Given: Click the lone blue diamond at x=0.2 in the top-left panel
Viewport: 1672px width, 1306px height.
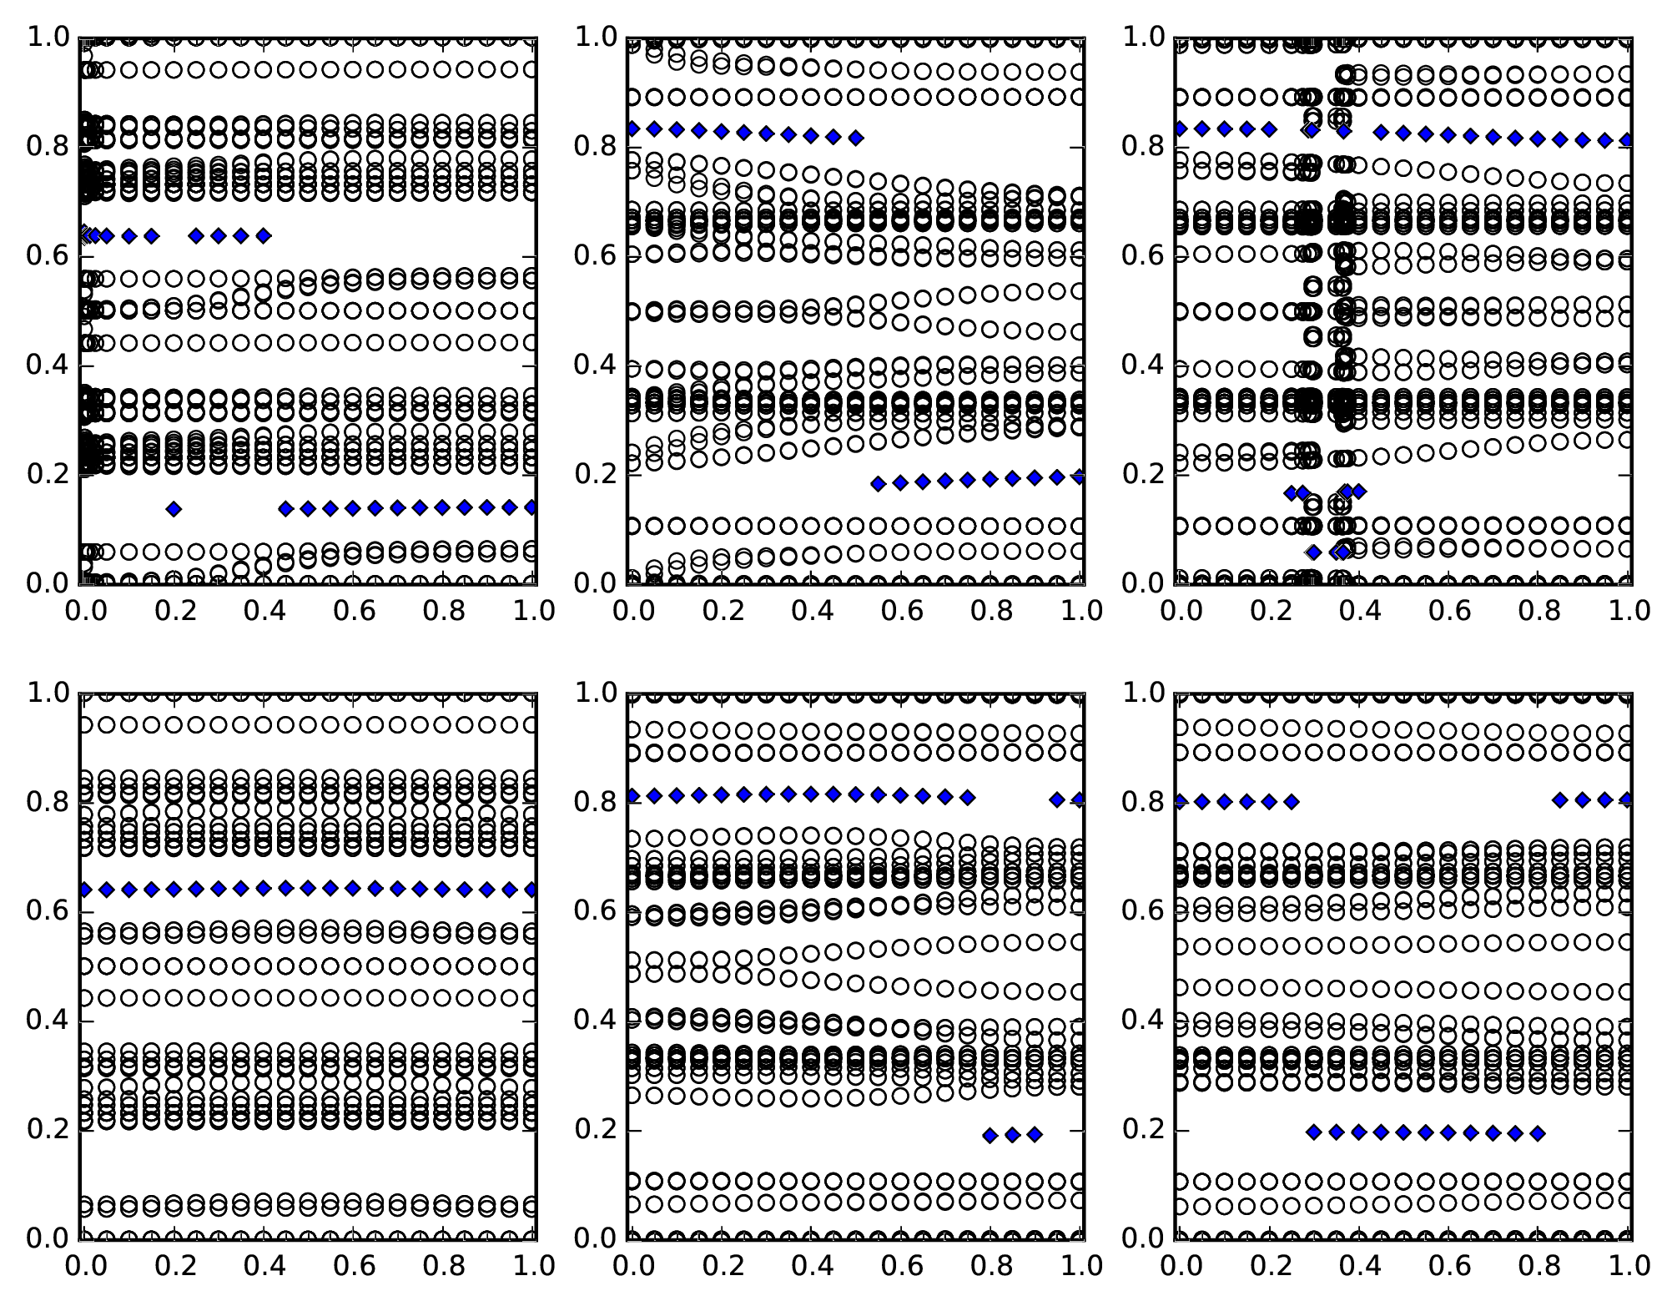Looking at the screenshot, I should pos(174,509).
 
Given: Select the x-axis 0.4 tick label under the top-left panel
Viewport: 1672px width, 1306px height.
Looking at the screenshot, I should pos(264,612).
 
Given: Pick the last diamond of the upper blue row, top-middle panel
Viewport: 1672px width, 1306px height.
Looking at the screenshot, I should pos(855,138).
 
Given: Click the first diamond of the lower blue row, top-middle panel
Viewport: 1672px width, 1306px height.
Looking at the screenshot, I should pos(878,484).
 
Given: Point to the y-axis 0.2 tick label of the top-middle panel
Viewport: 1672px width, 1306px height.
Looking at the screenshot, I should pos(594,474).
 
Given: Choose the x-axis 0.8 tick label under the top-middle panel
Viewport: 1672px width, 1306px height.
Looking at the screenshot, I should pos(991,612).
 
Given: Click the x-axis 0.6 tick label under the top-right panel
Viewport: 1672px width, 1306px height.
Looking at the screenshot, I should pos(1448,612).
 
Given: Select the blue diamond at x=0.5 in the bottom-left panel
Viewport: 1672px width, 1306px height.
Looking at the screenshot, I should pos(308,888).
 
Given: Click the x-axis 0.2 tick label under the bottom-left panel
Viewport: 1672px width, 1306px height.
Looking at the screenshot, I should pos(174,1267).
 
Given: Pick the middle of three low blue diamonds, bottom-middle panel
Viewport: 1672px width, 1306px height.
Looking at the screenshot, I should pos(1013,1135).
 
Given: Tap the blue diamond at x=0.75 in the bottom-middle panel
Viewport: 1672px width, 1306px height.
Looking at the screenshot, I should pos(968,798).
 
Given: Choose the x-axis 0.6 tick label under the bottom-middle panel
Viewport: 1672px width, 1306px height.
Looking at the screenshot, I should pos(901,1267).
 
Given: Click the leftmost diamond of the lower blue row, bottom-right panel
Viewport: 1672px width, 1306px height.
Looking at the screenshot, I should pos(1313,1132).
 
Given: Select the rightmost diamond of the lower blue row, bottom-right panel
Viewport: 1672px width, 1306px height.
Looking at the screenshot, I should pos(1538,1133).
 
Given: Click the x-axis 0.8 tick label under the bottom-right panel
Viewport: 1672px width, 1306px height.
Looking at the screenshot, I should pos(1538,1267).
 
